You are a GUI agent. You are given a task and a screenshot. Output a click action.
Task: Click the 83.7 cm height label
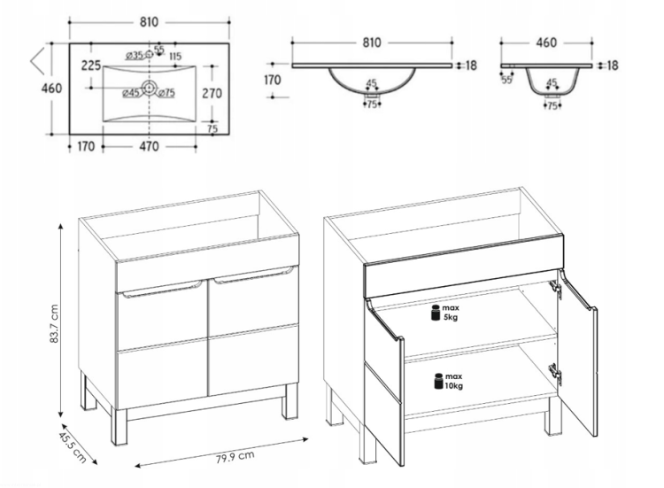click(x=54, y=323)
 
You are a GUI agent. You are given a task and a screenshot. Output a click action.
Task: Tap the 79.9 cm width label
click(x=235, y=457)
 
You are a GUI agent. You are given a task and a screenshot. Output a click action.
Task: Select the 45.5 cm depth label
click(x=73, y=447)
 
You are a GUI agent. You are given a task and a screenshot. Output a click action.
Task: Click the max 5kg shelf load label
click(x=445, y=313)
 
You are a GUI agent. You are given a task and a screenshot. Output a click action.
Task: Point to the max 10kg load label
click(x=449, y=381)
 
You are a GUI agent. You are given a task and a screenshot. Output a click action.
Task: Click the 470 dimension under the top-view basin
click(x=149, y=146)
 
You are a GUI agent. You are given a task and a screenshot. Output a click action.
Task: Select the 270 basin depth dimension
click(x=212, y=93)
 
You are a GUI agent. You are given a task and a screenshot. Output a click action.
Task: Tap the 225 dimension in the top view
click(x=91, y=66)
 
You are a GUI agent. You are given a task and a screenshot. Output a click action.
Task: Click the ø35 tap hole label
click(x=135, y=56)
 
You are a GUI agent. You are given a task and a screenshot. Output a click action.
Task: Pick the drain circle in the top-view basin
click(x=149, y=88)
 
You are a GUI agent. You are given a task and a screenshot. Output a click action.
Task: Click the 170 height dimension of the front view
click(x=272, y=80)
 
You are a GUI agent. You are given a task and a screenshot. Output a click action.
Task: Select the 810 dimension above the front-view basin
click(x=371, y=43)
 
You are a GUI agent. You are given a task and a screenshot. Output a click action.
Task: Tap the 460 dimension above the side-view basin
click(x=546, y=43)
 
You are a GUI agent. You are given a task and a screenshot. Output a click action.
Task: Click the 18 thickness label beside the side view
click(x=613, y=66)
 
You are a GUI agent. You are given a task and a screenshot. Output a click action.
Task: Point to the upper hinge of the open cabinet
click(x=556, y=289)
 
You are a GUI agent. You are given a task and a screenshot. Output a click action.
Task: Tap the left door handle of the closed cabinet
click(x=162, y=290)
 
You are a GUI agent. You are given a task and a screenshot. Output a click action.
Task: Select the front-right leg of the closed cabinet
click(x=290, y=401)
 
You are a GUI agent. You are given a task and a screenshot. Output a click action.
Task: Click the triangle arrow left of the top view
click(x=37, y=62)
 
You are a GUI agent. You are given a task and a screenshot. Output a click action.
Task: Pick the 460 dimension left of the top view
click(x=51, y=88)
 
